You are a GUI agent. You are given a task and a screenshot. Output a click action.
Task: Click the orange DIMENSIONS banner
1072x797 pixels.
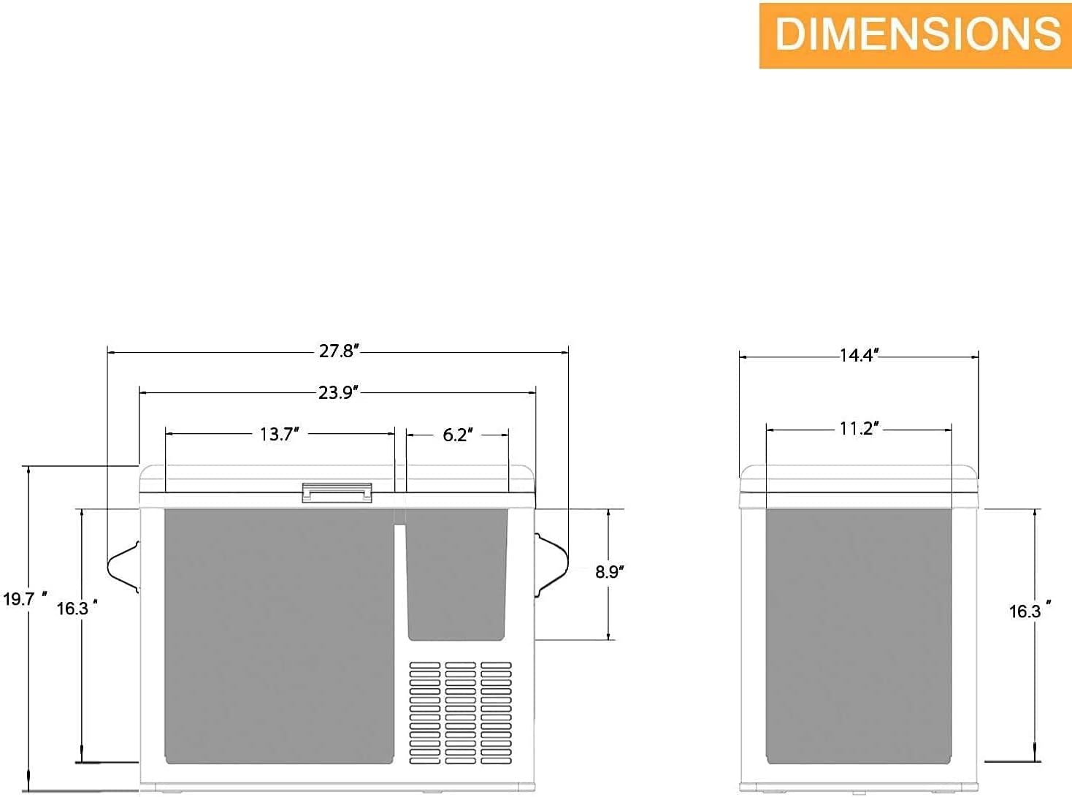[916, 36]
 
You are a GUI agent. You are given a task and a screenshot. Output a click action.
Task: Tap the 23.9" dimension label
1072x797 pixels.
[339, 393]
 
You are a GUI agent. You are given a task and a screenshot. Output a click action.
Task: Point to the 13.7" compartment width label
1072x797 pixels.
[280, 434]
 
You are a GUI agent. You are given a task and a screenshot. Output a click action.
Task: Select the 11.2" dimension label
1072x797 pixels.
[859, 429]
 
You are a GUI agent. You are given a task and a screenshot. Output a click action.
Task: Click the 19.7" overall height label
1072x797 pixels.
[25, 599]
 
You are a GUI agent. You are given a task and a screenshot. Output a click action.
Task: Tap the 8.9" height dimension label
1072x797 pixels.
[610, 572]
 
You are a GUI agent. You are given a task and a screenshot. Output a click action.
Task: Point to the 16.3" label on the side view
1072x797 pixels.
[1030, 611]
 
